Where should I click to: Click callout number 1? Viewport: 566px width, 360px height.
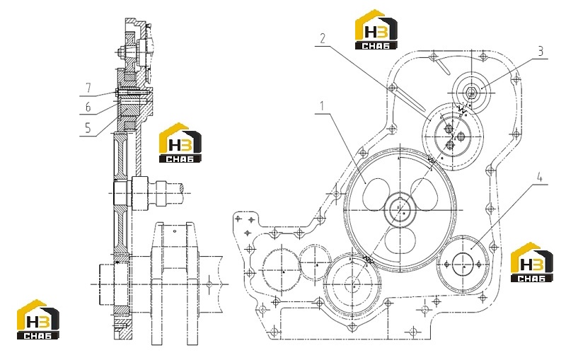tap(322, 106)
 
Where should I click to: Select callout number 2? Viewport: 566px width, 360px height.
tap(323, 38)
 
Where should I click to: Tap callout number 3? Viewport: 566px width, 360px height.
tap(541, 51)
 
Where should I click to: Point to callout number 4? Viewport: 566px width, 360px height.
tap(540, 178)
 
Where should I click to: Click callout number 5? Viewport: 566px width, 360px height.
tap(88, 128)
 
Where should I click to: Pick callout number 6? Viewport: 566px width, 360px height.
tap(88, 107)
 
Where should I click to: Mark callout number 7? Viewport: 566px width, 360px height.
tap(88, 88)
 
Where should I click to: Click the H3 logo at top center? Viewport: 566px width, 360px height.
tap(376, 30)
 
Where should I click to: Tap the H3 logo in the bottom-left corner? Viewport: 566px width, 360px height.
tap(38, 320)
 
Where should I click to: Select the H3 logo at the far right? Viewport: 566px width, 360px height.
tap(532, 262)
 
